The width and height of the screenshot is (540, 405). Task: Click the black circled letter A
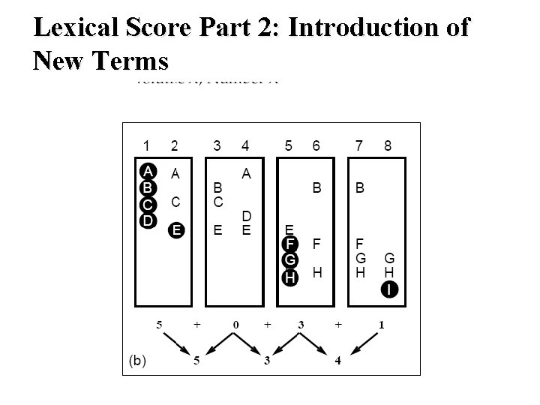148,170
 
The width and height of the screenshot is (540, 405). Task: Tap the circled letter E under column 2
175,229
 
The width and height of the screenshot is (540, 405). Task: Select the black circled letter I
389,289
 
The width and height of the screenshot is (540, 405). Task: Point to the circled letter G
290,259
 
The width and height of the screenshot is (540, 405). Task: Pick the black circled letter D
148,220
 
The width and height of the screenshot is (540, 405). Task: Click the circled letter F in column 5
290,243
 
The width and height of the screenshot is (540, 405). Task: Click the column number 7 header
359,145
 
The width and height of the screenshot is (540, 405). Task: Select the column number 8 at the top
387,145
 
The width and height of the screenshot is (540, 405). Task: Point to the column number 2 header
175,145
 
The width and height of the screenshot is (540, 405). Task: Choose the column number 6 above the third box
316,145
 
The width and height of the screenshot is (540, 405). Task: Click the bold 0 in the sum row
235,325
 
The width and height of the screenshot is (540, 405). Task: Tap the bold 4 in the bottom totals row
338,360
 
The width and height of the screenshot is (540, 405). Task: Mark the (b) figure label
138,360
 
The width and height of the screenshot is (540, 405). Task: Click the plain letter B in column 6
317,189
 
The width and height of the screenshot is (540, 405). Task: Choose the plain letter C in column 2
175,202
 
